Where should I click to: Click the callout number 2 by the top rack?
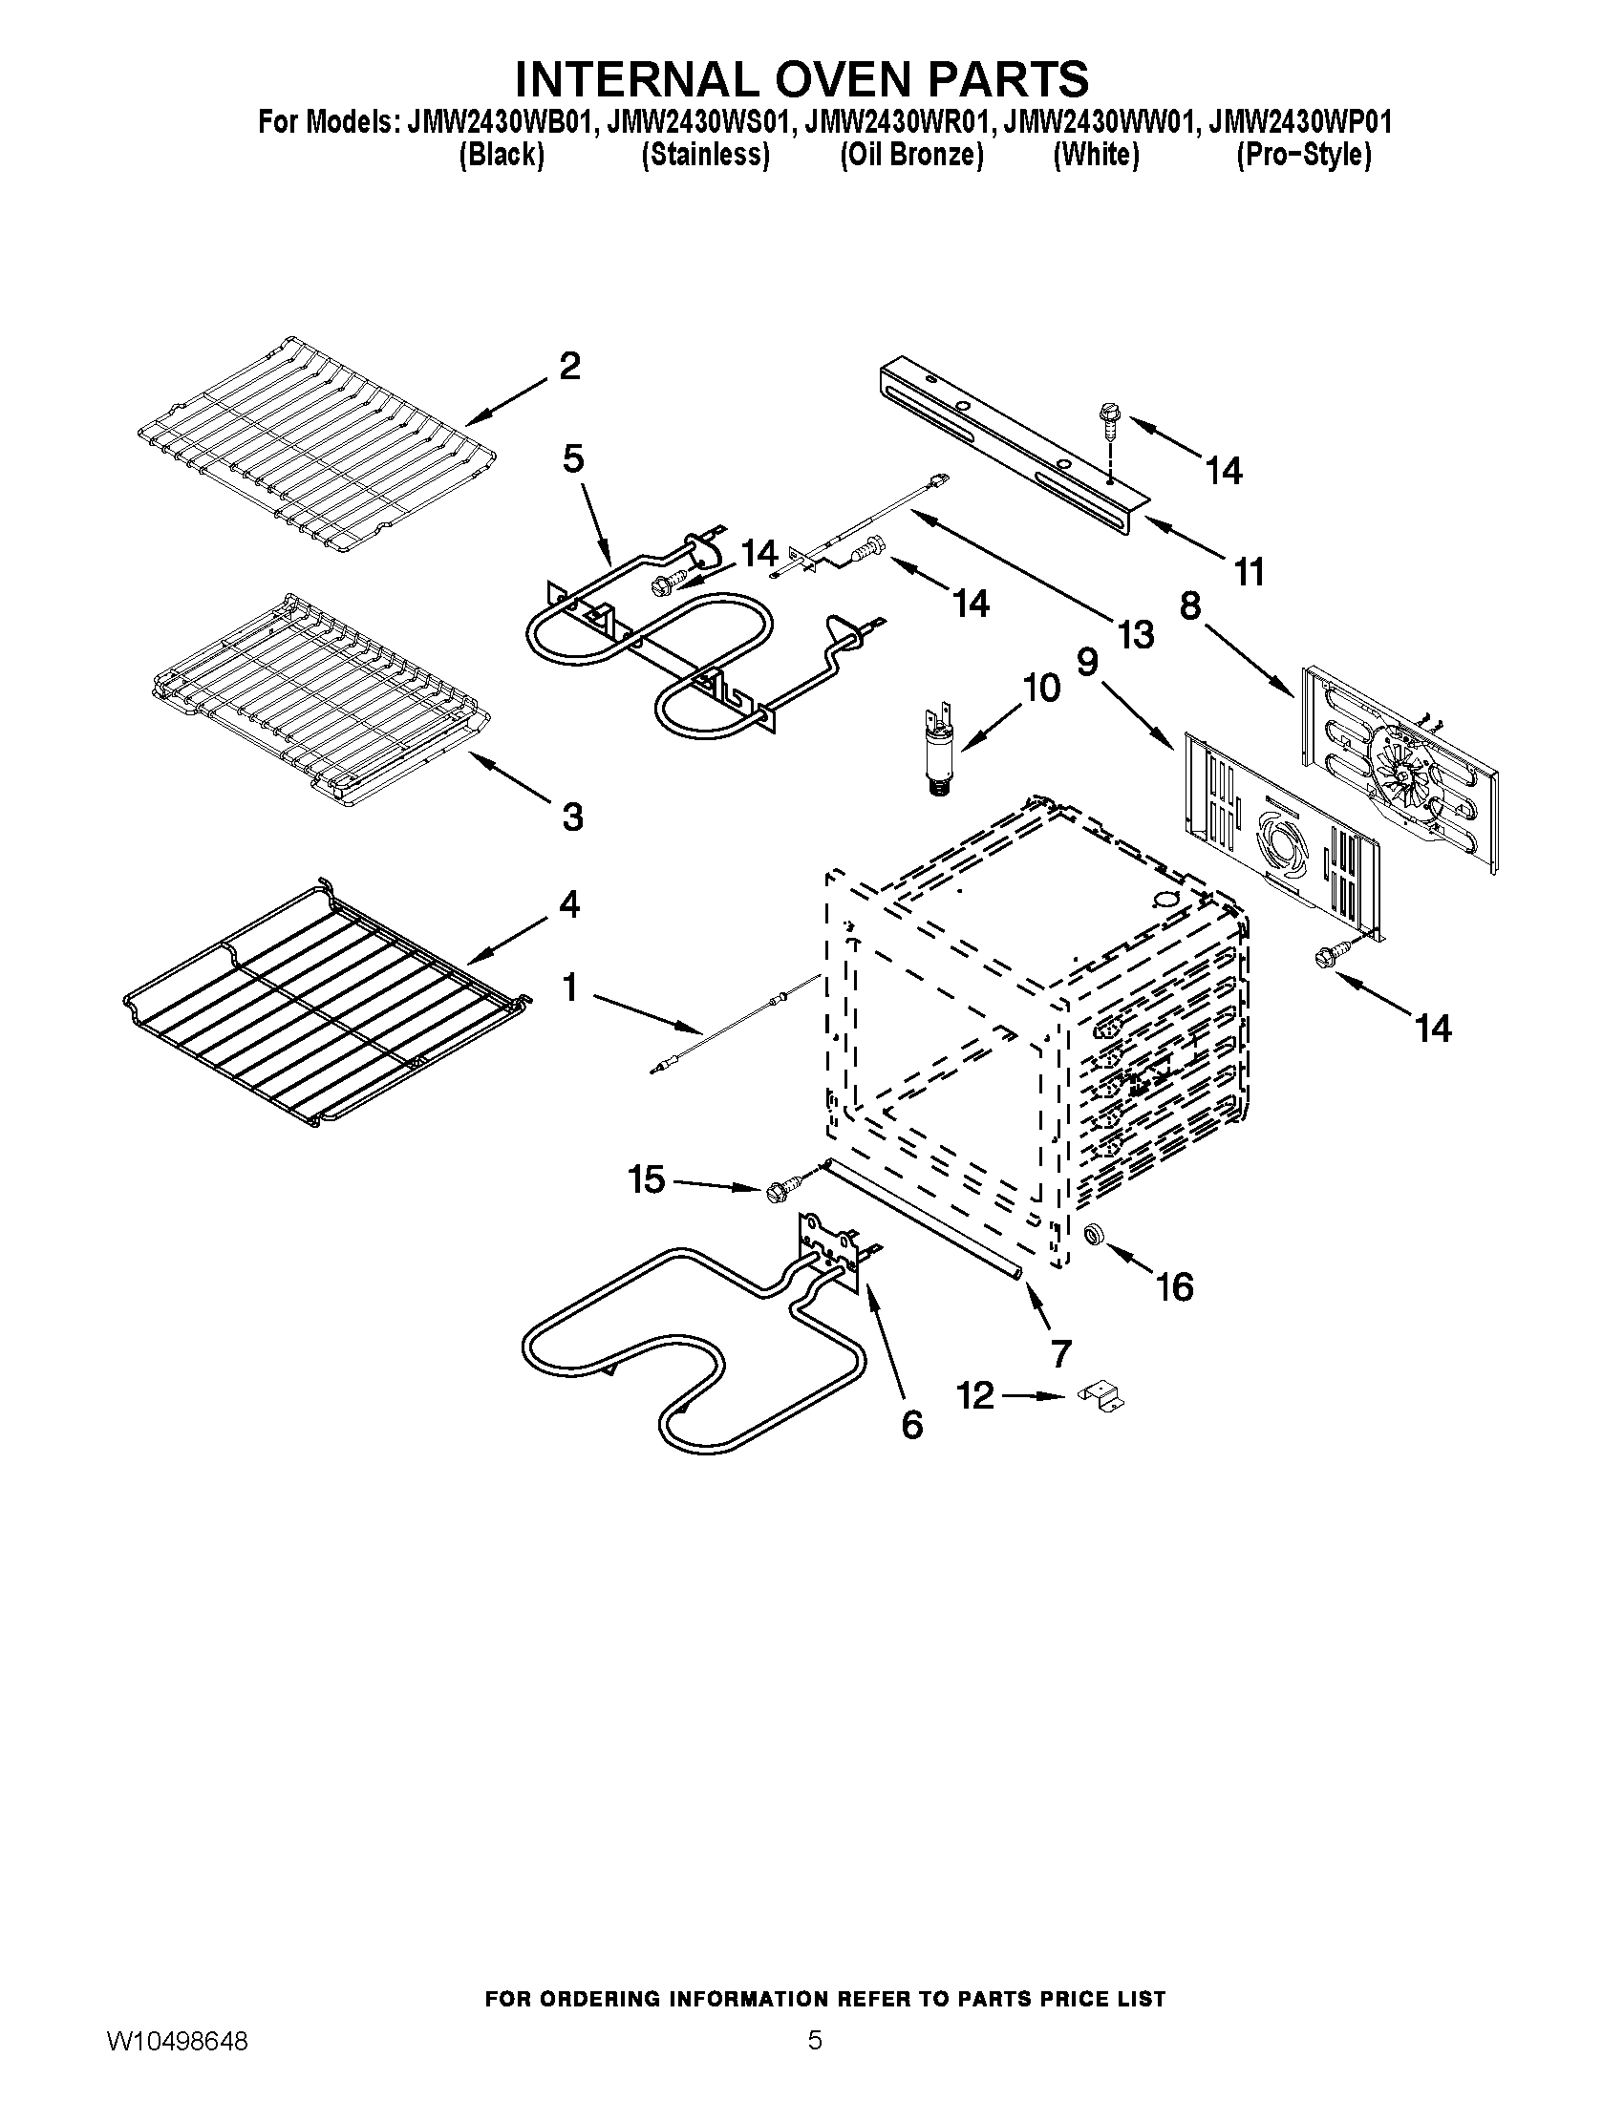coord(569,367)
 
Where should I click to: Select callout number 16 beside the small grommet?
coord(1174,1286)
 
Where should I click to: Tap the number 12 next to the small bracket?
coord(975,1396)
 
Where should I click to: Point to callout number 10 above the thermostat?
coord(1040,688)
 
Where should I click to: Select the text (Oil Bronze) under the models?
coord(911,155)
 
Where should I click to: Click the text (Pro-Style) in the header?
coord(1303,155)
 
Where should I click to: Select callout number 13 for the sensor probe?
coord(1135,634)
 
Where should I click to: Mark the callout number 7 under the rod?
coord(1060,1353)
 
